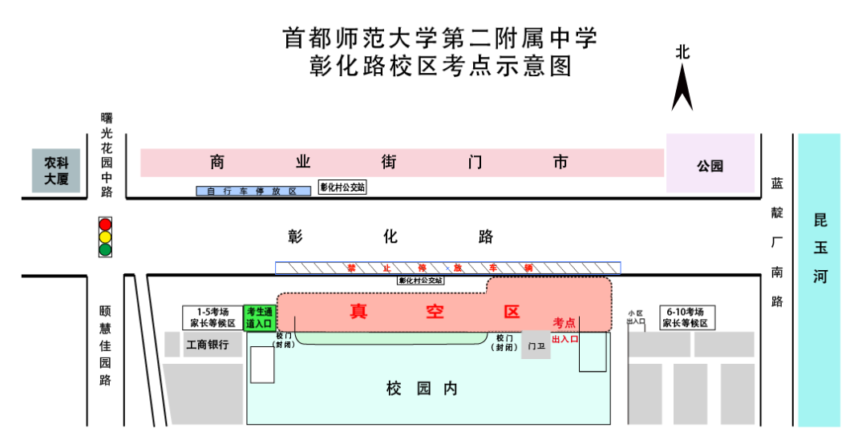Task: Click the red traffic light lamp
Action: (x=105, y=224)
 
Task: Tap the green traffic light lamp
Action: (x=105, y=249)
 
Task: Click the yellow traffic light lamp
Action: (x=105, y=236)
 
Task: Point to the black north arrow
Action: (x=682, y=88)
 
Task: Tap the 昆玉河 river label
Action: (x=819, y=248)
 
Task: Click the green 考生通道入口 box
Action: (x=261, y=317)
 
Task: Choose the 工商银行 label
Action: (x=208, y=345)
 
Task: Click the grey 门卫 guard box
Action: (x=536, y=345)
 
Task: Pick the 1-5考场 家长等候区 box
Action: (x=212, y=317)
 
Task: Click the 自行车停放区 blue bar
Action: (x=253, y=192)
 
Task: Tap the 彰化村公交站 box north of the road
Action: (x=342, y=188)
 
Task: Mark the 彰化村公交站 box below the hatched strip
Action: (x=421, y=281)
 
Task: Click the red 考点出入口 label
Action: (x=565, y=330)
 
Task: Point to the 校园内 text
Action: (x=421, y=389)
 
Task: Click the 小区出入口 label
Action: (x=636, y=317)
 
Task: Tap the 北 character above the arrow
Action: (x=682, y=53)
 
